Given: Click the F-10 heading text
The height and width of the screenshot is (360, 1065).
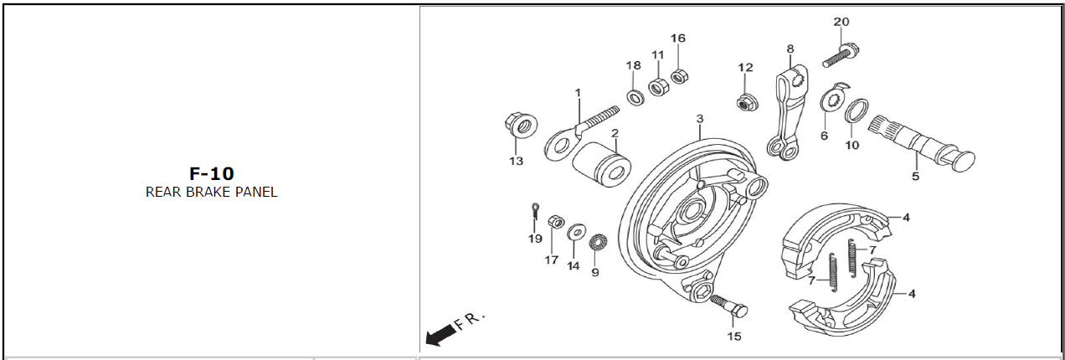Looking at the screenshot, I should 211,173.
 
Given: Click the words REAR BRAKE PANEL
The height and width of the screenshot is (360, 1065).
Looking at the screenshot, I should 211,192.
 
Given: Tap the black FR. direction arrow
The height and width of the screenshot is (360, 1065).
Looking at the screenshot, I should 440,335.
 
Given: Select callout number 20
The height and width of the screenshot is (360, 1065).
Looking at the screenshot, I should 841,22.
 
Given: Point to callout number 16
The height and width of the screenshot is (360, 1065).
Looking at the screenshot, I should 677,39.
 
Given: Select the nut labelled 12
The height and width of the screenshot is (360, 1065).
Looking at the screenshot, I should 743,102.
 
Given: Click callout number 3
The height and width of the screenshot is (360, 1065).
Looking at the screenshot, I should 700,121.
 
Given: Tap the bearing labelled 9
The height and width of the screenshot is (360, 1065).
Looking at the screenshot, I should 596,244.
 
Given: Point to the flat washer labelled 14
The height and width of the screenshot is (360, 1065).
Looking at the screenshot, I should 575,231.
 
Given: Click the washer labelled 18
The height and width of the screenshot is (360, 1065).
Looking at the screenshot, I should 635,97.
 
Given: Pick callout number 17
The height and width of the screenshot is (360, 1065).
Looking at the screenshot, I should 551,260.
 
